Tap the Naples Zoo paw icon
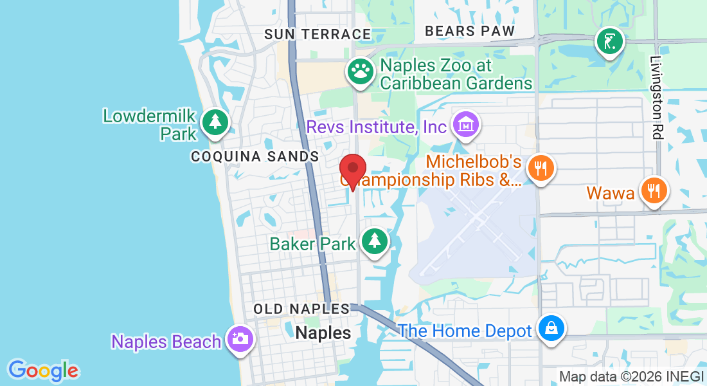pyautogui.click(x=361, y=71)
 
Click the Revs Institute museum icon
pyautogui.click(x=466, y=124)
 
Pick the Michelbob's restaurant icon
pyautogui.click(x=541, y=169)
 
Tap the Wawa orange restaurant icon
pyautogui.click(x=654, y=190)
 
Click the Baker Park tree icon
pyautogui.click(x=374, y=241)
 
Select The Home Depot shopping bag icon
pyautogui.click(x=551, y=328)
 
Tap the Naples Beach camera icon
pyautogui.click(x=240, y=338)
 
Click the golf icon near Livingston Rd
pyautogui.click(x=608, y=42)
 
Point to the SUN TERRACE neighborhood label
pyautogui.click(x=318, y=34)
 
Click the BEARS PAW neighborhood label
pyautogui.click(x=470, y=31)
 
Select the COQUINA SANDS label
pyautogui.click(x=255, y=156)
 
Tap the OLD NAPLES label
pyautogui.click(x=301, y=309)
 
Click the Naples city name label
pyautogui.click(x=324, y=333)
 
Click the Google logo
pyautogui.click(x=44, y=370)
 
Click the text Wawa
pyautogui.click(x=611, y=192)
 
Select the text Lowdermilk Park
pyautogui.click(x=149, y=125)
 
